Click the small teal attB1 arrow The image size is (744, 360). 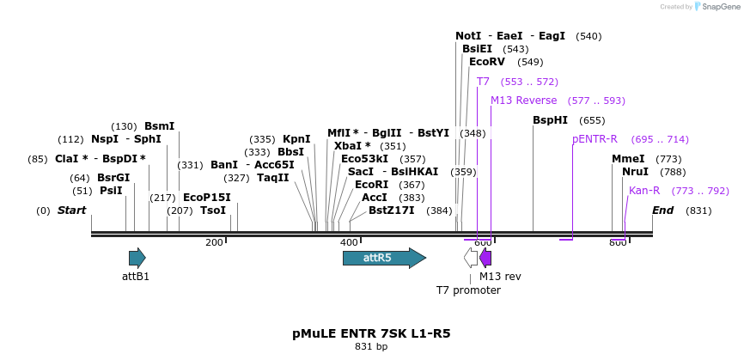pyautogui.click(x=137, y=258)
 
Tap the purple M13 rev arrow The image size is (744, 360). pyautogui.click(x=485, y=258)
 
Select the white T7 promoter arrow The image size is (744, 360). pyautogui.click(x=471, y=258)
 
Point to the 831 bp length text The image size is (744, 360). pyautogui.click(x=371, y=347)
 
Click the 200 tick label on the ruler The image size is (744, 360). pyautogui.click(x=214, y=243)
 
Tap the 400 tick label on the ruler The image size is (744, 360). pyautogui.click(x=349, y=243)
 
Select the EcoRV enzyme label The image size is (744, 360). pyautogui.click(x=487, y=62)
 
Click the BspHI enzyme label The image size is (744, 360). pyautogui.click(x=550, y=120)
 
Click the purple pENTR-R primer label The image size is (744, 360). pyautogui.click(x=595, y=139)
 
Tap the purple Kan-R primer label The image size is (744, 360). pyautogui.click(x=644, y=191)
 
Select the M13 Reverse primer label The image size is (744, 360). pyautogui.click(x=523, y=101)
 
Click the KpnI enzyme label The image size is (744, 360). pyautogui.click(x=296, y=139)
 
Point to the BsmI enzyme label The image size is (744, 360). pyautogui.click(x=159, y=126)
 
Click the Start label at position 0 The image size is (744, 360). pyautogui.click(x=71, y=211)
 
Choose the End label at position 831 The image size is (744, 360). pyautogui.click(x=662, y=211)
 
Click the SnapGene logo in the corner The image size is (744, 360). pyautogui.click(x=716, y=7)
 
